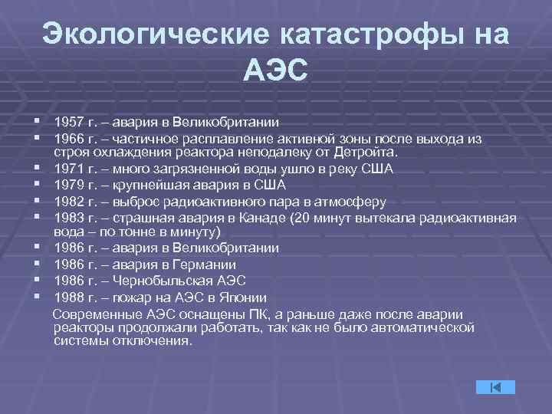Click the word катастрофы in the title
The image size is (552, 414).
point(372,34)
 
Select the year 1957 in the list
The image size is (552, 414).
point(71,122)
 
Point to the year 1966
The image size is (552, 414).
point(71,138)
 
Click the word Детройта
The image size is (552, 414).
point(368,153)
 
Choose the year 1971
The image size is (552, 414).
point(71,169)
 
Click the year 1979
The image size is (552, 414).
point(71,186)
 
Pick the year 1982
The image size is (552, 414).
point(71,202)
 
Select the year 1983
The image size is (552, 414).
point(71,218)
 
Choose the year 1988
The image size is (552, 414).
point(71,297)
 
